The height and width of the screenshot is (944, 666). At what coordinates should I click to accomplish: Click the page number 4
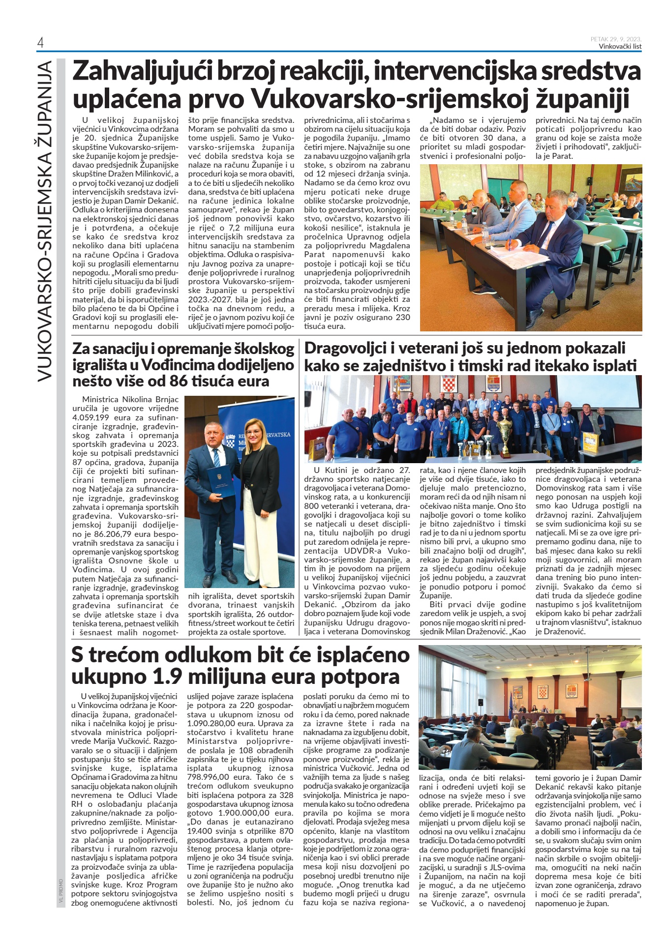pyautogui.click(x=40, y=43)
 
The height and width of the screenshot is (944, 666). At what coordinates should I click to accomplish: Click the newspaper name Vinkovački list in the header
pyautogui.click(x=620, y=47)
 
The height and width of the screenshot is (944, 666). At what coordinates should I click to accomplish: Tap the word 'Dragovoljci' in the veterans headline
pyautogui.click(x=342, y=349)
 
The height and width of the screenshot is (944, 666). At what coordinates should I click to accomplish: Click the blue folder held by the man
pyautogui.click(x=219, y=485)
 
